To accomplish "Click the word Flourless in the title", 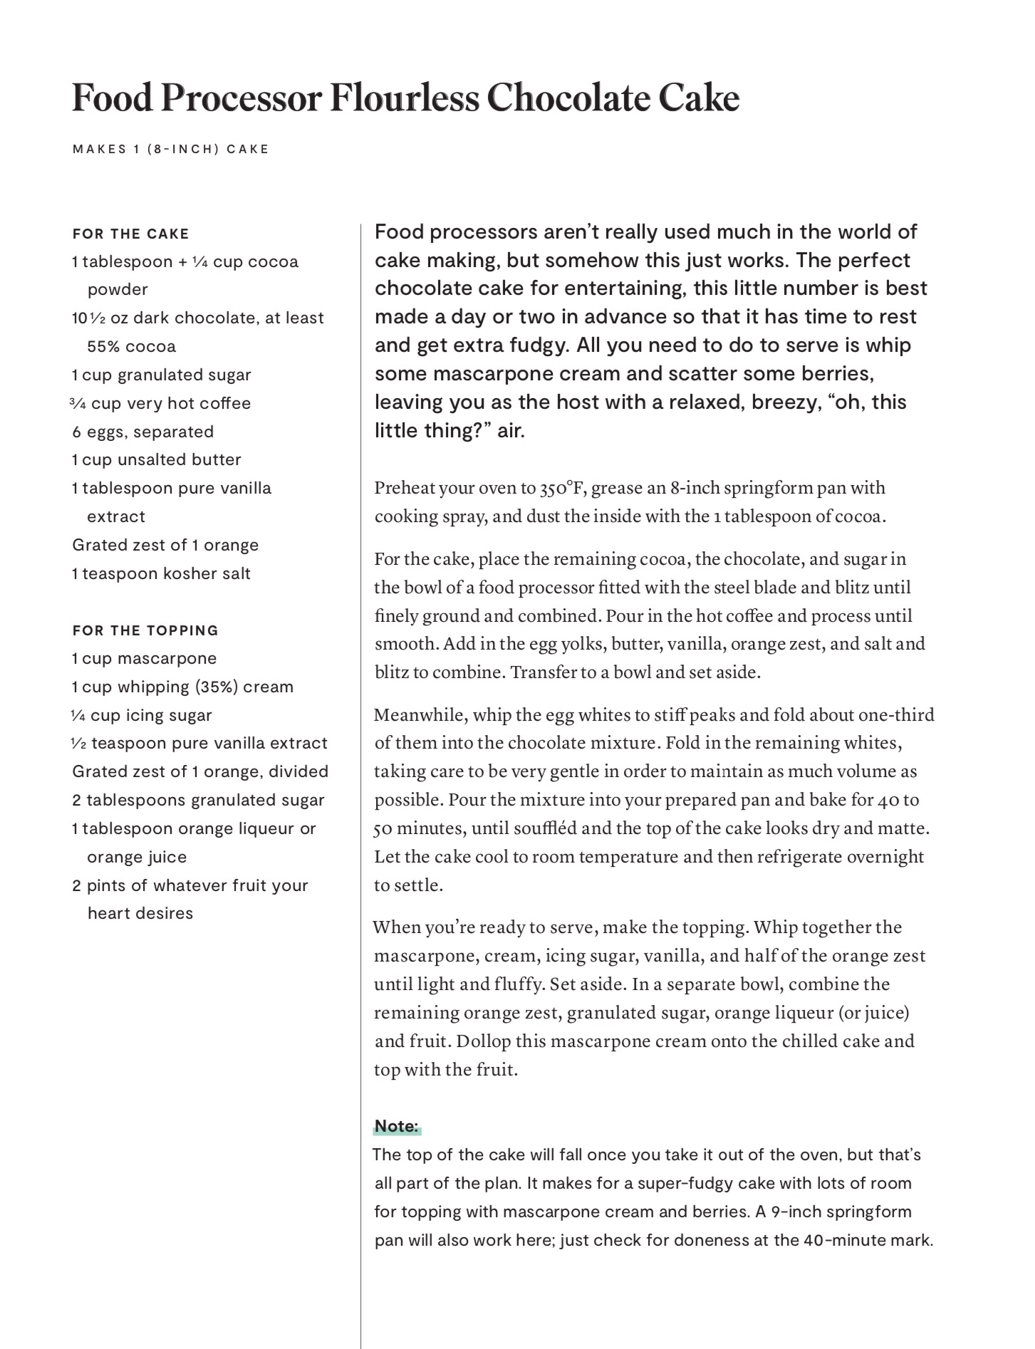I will (405, 98).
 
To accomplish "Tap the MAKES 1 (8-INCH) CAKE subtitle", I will (171, 150).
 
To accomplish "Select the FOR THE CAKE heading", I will (131, 234).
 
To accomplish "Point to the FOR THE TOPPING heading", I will (145, 630).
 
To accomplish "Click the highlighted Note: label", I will (397, 1126).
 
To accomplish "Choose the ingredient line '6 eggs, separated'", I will (143, 432).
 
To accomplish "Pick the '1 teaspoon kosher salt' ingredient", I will (162, 573).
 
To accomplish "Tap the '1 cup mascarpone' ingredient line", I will (145, 658).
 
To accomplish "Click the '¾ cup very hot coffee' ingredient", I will (161, 403).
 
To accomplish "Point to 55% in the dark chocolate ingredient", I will (102, 347).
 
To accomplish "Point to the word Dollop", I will (484, 1041).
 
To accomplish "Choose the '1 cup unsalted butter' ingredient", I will (157, 460).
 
